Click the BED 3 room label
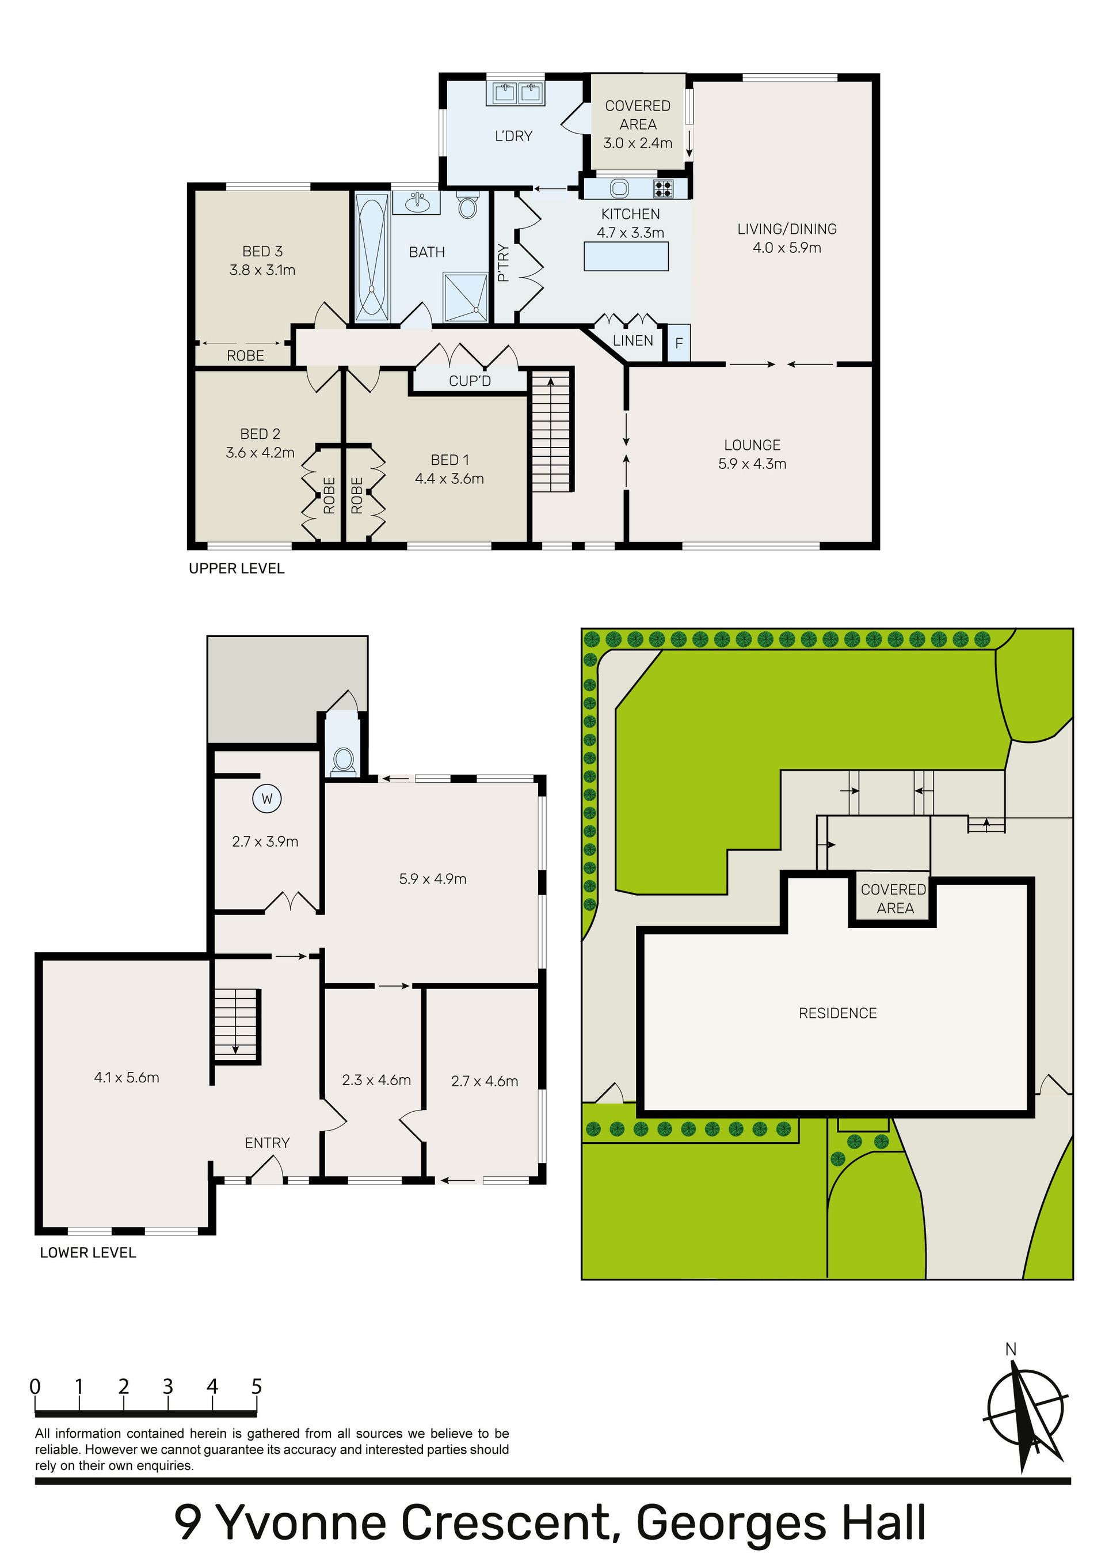point(262,252)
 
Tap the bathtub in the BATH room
point(372,257)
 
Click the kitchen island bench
point(626,256)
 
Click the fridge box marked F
point(679,343)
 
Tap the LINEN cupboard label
point(633,341)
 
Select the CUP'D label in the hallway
point(470,381)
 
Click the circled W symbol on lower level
point(267,799)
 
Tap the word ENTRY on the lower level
point(267,1143)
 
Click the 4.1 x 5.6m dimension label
point(127,1078)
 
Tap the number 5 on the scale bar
point(257,1386)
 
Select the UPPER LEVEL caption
point(237,569)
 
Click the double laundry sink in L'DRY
point(515,93)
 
